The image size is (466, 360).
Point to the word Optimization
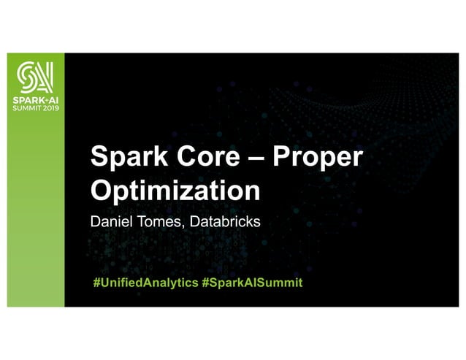175,191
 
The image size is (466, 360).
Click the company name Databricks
224,220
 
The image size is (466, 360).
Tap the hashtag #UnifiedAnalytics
145,282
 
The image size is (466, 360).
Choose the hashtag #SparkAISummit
251,282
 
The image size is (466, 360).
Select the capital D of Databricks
194,220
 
